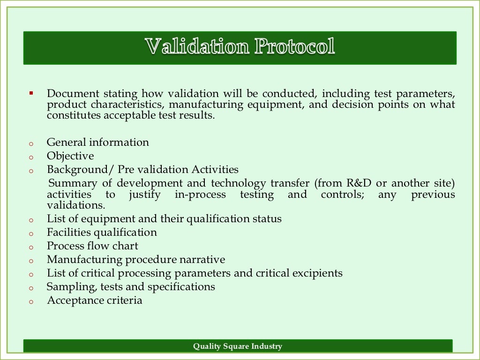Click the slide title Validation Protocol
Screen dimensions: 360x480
tap(240, 47)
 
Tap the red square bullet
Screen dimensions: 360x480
tap(31, 93)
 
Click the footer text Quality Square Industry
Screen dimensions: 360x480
tap(238, 346)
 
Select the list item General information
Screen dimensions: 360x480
tap(97, 142)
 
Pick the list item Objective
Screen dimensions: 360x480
tap(70, 156)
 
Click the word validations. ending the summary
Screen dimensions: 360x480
tap(75, 206)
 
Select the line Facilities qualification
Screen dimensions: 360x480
tap(102, 232)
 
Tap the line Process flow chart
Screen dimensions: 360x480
tap(92, 246)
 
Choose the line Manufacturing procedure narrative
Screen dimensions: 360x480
tap(136, 260)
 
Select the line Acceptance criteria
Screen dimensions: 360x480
tap(94, 300)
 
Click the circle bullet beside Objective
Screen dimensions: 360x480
tap(31, 158)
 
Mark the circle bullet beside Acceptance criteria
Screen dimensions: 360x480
tap(31, 302)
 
